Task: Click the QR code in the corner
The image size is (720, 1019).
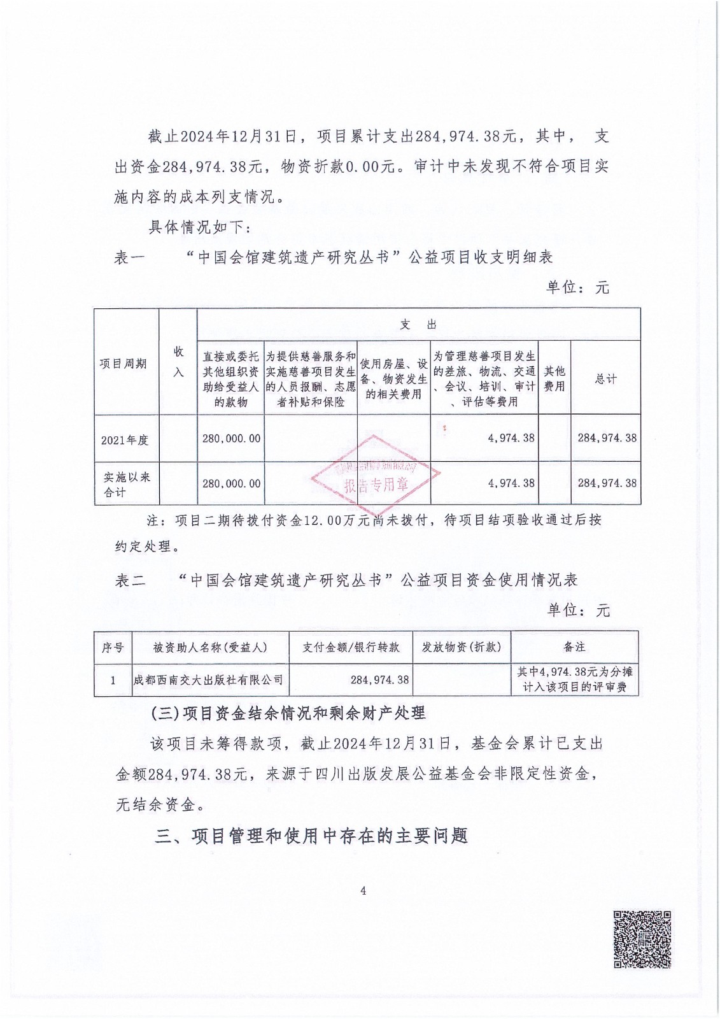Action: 642,939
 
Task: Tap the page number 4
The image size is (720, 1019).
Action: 363,891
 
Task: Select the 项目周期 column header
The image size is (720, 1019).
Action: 124,363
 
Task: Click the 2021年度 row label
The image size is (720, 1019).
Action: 125,439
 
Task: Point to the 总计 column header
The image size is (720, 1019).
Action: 605,378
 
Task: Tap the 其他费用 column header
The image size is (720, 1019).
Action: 554,378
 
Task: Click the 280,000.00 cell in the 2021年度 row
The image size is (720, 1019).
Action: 232,438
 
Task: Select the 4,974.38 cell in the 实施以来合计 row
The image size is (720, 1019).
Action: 512,483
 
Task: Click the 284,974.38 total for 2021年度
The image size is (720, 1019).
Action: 607,438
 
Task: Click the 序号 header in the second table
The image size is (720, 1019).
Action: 113,647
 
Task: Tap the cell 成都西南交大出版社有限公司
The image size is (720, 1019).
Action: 209,680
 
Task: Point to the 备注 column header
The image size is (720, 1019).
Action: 574,647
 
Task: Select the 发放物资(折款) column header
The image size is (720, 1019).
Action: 462,647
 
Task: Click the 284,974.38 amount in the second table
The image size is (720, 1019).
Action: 379,680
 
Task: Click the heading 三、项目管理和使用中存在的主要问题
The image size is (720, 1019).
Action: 311,836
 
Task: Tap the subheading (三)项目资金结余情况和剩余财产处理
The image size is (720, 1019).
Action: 288,713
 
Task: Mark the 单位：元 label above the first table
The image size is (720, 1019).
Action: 577,288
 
